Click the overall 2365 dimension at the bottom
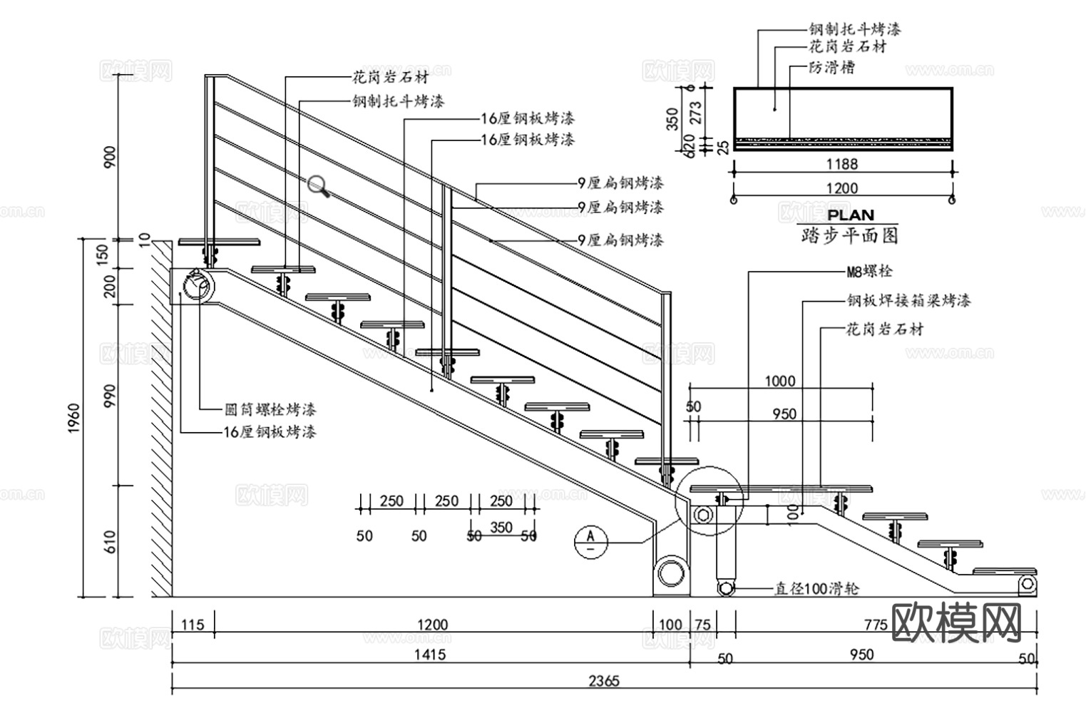tap(603, 680)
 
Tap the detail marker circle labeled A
tap(590, 540)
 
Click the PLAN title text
tap(850, 215)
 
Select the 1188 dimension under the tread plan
tap(841, 164)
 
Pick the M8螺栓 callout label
tap(869, 272)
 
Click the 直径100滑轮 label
tap(816, 588)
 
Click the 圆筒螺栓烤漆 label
tap(270, 409)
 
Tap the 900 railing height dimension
tap(110, 158)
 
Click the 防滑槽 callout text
tap(831, 68)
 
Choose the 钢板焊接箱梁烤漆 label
tap(908, 300)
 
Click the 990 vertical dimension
tap(109, 396)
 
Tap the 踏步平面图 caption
tap(849, 235)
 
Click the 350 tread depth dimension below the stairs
tap(501, 528)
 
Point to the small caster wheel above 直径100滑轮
tap(725, 588)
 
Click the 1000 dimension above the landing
tap(779, 381)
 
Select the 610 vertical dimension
tap(109, 542)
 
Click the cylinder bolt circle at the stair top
tap(197, 287)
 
